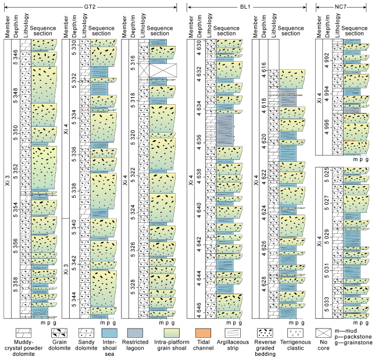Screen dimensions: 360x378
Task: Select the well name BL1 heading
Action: click(x=247, y=5)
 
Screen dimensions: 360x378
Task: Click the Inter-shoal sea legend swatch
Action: click(x=109, y=333)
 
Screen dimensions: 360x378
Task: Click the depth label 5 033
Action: click(x=327, y=304)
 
